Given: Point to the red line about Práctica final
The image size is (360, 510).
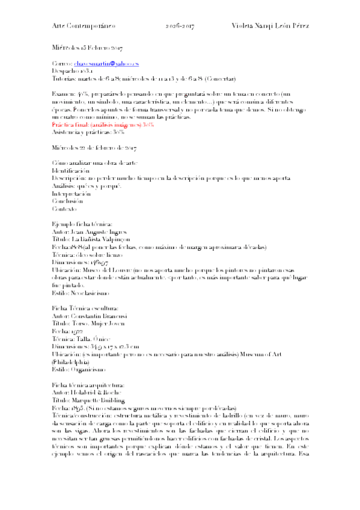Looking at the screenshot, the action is (103, 124).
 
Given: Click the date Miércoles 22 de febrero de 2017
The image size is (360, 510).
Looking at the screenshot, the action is (94, 147).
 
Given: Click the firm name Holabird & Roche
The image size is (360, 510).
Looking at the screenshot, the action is (96, 392).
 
